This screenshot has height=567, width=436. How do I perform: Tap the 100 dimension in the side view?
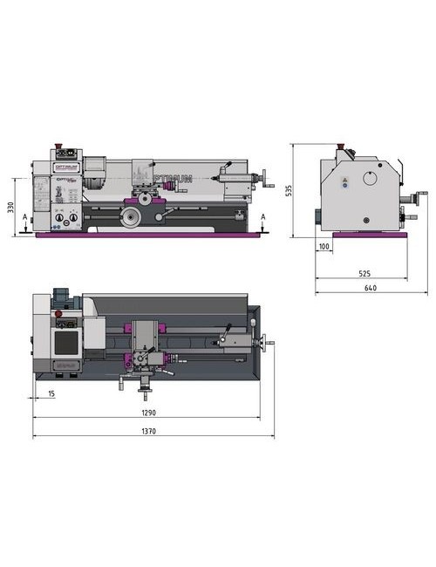(324, 248)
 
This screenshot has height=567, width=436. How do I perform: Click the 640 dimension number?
(371, 287)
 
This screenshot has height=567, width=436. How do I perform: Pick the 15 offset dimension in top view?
(52, 393)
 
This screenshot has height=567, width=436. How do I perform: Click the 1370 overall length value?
(151, 429)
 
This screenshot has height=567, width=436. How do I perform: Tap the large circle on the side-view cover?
(371, 181)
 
